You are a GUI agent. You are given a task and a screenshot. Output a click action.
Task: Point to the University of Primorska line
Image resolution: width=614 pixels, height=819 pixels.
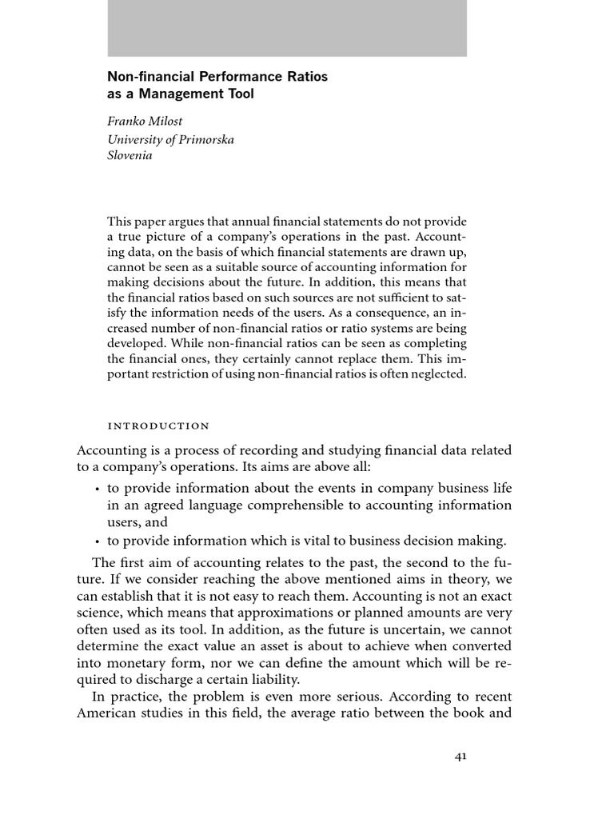171,140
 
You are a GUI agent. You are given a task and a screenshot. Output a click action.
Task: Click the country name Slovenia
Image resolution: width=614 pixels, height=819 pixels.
130,156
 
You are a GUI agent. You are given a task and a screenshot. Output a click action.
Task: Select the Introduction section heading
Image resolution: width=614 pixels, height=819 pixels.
158,425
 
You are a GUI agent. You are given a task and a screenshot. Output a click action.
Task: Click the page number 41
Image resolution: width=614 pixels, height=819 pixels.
460,757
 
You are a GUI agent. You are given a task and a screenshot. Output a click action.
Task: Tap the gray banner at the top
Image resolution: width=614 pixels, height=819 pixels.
287,28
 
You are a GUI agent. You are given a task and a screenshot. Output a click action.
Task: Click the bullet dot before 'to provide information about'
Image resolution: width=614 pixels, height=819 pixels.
97,489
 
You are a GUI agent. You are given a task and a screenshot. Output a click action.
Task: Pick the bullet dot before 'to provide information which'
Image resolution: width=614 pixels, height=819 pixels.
97,541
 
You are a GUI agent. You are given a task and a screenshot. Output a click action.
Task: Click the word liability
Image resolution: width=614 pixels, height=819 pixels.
269,680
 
